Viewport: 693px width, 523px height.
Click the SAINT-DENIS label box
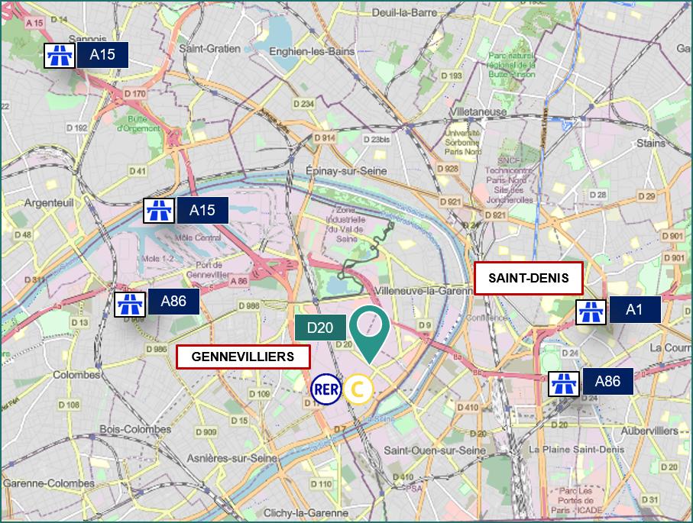(x=528, y=278)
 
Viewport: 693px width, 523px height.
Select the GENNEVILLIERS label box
(x=243, y=357)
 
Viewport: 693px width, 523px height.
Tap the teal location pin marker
(x=370, y=330)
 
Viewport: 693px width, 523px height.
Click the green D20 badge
(x=321, y=328)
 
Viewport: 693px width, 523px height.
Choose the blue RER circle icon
(x=325, y=389)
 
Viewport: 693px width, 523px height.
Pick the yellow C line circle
(x=358, y=389)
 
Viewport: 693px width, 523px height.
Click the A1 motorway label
(x=634, y=309)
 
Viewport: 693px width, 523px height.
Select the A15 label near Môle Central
(x=202, y=211)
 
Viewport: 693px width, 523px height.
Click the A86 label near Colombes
(x=173, y=302)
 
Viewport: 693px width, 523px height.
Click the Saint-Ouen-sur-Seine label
(x=436, y=451)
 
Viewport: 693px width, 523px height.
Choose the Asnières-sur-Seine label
(x=228, y=458)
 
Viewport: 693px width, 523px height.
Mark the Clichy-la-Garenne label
(x=305, y=513)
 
